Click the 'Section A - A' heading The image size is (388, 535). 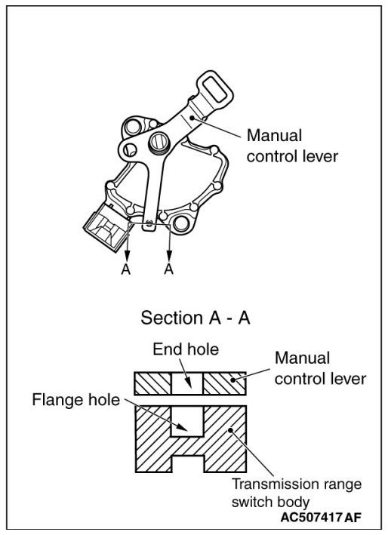pyautogui.click(x=196, y=318)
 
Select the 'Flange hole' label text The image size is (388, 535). pyautogui.click(x=75, y=400)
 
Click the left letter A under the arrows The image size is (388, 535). pyautogui.click(x=125, y=269)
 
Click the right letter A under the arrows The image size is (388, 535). pyautogui.click(x=168, y=269)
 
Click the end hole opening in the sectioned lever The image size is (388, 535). pyautogui.click(x=187, y=383)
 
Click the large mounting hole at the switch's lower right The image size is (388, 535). pyautogui.click(x=180, y=224)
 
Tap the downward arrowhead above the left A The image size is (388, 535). pyautogui.click(x=127, y=254)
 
